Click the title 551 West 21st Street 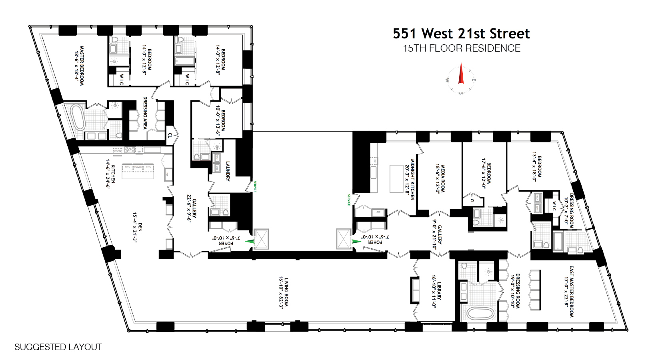[461, 34]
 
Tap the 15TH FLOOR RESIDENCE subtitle [461, 48]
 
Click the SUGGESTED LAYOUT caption [58, 347]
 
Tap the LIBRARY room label [439, 292]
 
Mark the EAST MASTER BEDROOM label [572, 292]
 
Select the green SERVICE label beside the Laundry [255, 186]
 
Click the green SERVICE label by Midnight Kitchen [349, 200]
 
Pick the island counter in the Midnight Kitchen [396, 179]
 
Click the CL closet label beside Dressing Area [170, 136]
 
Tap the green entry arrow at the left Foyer [250, 241]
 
